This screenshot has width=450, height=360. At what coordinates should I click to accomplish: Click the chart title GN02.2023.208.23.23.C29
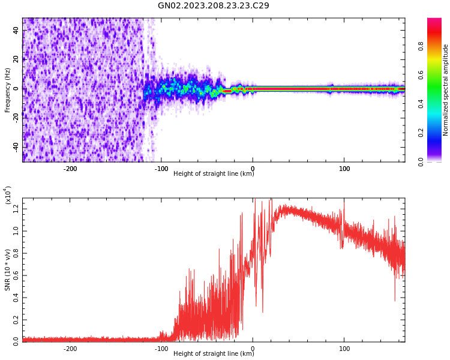pyautogui.click(x=213, y=6)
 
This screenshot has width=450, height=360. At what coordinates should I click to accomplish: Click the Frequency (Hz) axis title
pyautogui.click(x=8, y=90)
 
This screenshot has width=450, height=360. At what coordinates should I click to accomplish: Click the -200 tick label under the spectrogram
pyautogui.click(x=70, y=169)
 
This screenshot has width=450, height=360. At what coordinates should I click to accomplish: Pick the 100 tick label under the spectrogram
pyautogui.click(x=344, y=169)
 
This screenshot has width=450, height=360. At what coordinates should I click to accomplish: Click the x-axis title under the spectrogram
pyautogui.click(x=214, y=174)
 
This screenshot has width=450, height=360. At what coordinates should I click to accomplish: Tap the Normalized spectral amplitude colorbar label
pyautogui.click(x=446, y=90)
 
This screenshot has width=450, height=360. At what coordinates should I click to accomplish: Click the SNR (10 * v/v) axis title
pyautogui.click(x=8, y=270)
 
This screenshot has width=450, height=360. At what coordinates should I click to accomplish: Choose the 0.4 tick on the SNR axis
pyautogui.click(x=16, y=296)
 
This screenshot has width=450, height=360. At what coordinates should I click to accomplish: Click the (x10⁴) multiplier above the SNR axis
pyautogui.click(x=8, y=196)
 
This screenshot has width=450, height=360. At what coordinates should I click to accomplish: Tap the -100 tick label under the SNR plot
pyautogui.click(x=161, y=349)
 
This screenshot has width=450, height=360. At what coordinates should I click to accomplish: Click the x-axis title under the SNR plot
pyautogui.click(x=214, y=354)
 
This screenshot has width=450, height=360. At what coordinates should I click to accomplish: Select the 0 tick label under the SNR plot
pyautogui.click(x=253, y=349)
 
